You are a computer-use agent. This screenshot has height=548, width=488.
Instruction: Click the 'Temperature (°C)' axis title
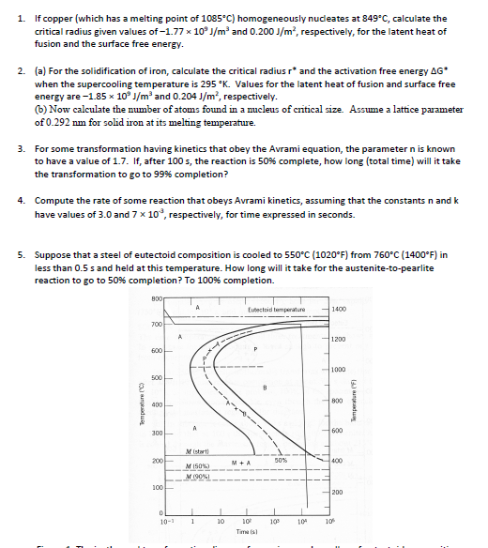(x=138, y=404)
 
